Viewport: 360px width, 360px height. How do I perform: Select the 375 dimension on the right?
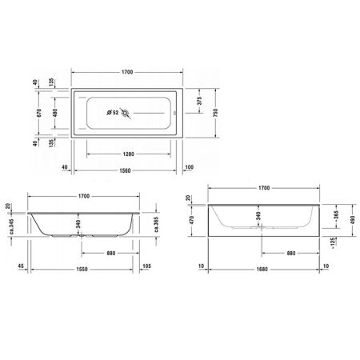click(198, 101)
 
